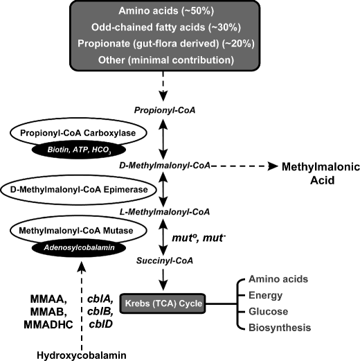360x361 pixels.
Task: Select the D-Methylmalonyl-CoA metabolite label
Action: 164,166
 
